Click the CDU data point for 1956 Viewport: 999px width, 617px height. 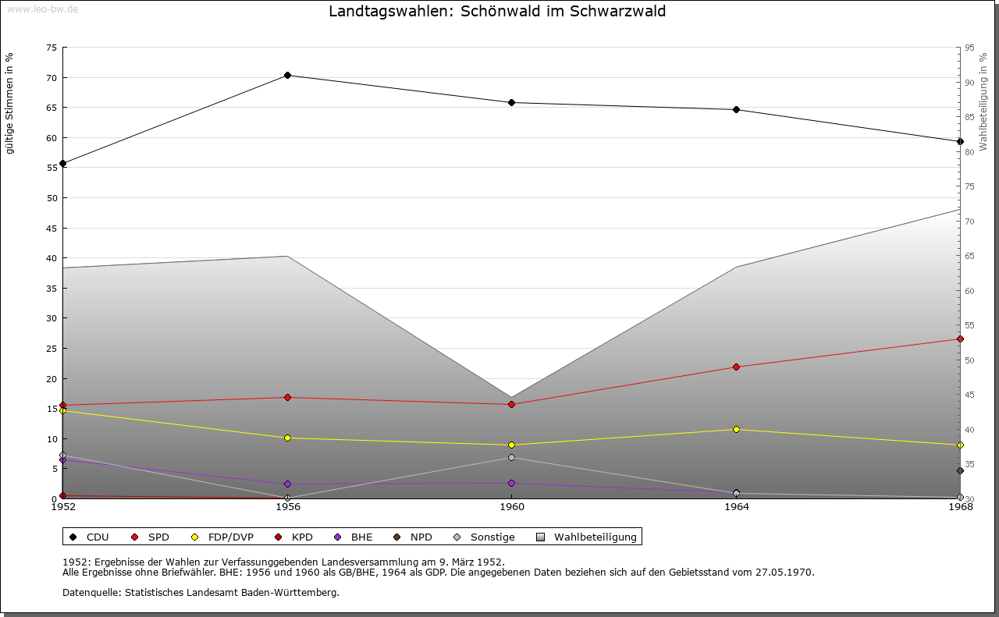coord(288,76)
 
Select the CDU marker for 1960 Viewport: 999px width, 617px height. coord(512,103)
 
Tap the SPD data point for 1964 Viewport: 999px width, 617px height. coord(736,367)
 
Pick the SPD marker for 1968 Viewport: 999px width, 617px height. coord(960,339)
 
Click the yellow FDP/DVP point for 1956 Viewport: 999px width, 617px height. coord(288,438)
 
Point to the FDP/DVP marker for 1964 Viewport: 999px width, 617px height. coord(736,430)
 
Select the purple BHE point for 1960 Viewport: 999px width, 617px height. coord(512,484)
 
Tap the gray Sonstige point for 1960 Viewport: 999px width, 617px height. coord(512,458)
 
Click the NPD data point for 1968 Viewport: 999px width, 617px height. coord(960,471)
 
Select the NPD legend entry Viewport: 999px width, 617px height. coord(414,537)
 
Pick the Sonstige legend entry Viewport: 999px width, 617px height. coord(485,537)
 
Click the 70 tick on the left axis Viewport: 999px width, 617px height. coord(52,78)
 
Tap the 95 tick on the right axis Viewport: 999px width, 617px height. coord(969,48)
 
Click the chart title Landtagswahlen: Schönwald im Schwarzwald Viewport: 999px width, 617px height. coord(497,12)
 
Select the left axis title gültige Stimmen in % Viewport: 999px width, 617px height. coord(10,103)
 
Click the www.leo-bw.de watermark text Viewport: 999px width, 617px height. coord(42,9)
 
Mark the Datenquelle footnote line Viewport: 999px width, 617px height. coord(201,593)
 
